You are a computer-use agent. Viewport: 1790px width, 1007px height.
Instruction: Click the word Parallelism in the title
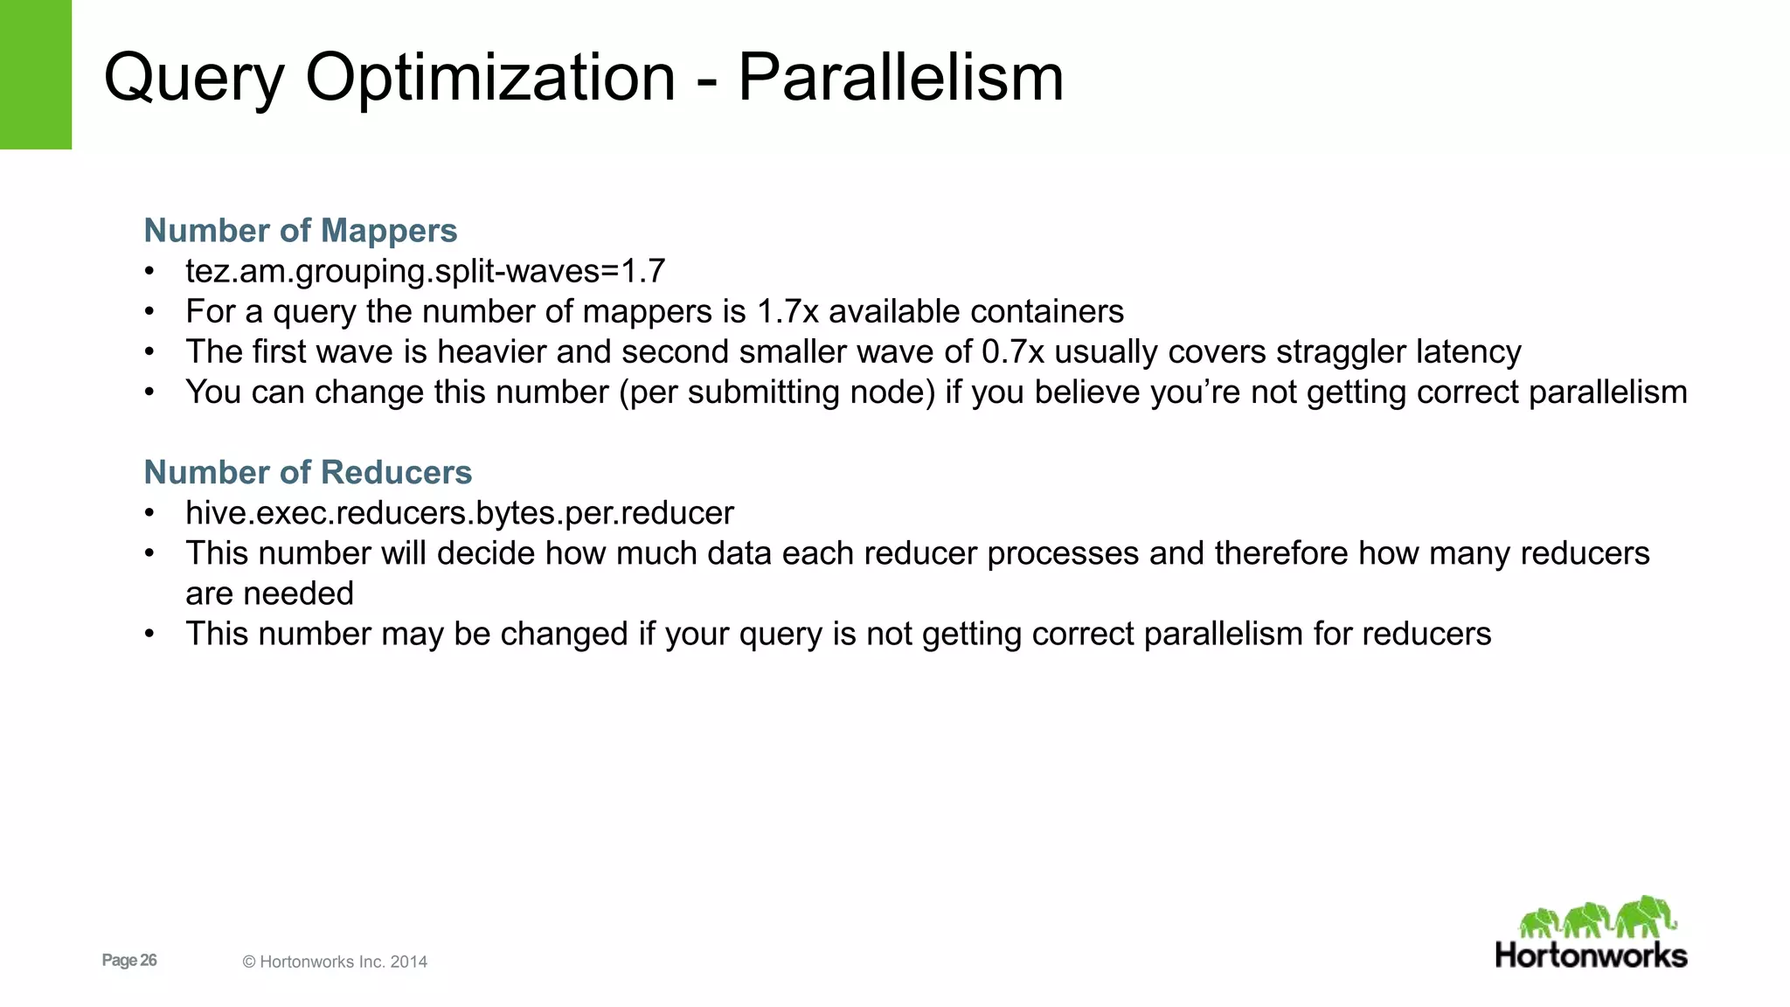coord(900,77)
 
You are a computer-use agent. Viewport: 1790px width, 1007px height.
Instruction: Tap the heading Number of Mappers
coord(301,231)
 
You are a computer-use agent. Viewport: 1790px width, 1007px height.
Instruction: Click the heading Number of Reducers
coord(308,472)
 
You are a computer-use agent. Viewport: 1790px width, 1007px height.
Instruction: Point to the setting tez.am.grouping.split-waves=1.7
coord(425,271)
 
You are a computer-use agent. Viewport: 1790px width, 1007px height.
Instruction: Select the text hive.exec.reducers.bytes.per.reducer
coord(460,513)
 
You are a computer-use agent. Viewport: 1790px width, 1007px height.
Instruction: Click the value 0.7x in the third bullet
coord(1013,351)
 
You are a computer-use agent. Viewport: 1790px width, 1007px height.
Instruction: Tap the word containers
coord(1047,311)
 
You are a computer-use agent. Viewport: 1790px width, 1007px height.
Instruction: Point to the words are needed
coord(269,594)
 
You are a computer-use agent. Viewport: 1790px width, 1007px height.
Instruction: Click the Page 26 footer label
coord(129,961)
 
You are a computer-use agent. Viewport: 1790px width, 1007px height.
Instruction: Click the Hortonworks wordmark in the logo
coord(1591,955)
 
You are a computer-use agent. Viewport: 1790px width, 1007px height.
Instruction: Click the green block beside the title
coord(36,74)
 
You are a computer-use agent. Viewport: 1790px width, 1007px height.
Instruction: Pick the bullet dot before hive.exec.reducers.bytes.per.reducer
coord(150,513)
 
